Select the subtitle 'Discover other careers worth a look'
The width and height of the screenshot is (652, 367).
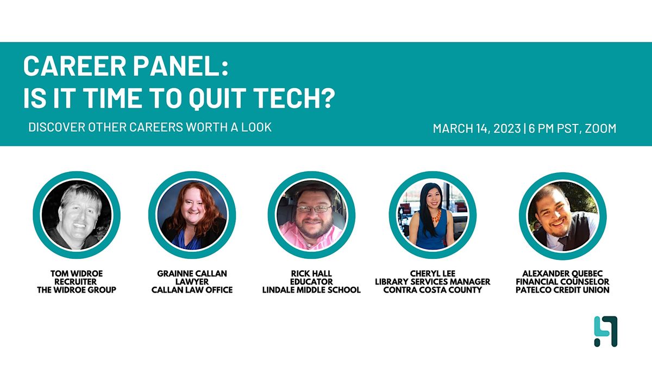(150, 128)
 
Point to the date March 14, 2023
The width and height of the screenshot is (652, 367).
(476, 129)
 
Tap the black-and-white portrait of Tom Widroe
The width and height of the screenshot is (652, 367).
(77, 216)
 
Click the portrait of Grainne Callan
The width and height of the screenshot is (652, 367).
(192, 216)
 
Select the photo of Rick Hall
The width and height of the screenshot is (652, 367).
(311, 216)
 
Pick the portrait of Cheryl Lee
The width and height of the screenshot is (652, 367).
(432, 216)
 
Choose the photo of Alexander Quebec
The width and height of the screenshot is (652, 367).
(562, 216)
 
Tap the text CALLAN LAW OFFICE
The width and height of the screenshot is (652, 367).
(192, 290)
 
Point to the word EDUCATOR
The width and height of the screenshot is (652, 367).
(311, 282)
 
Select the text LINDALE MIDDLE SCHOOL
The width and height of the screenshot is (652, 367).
(311, 290)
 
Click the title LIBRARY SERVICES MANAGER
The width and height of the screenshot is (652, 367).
(432, 282)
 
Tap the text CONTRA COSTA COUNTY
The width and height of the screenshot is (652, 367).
(432, 290)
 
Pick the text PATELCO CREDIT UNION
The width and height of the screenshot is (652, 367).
(562, 290)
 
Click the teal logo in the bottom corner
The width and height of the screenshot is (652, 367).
(605, 331)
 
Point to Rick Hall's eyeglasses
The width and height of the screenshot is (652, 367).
(312, 208)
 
